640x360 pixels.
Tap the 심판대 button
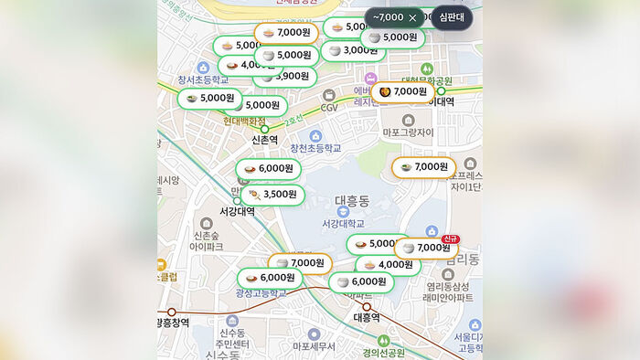[x=452, y=17]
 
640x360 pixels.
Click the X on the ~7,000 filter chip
[x=412, y=17]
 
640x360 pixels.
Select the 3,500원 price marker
[x=272, y=195]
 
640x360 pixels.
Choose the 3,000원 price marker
[x=352, y=50]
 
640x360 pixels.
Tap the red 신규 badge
[x=450, y=239]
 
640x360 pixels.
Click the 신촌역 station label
[x=265, y=140]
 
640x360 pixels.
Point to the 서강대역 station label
[x=237, y=211]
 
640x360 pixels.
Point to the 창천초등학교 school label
[x=315, y=148]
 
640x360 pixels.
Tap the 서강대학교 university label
[x=343, y=224]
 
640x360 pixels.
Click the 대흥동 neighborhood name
[x=352, y=200]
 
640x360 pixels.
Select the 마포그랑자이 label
[x=408, y=132]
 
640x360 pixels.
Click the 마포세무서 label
[x=314, y=347]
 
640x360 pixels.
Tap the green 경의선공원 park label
[x=383, y=353]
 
